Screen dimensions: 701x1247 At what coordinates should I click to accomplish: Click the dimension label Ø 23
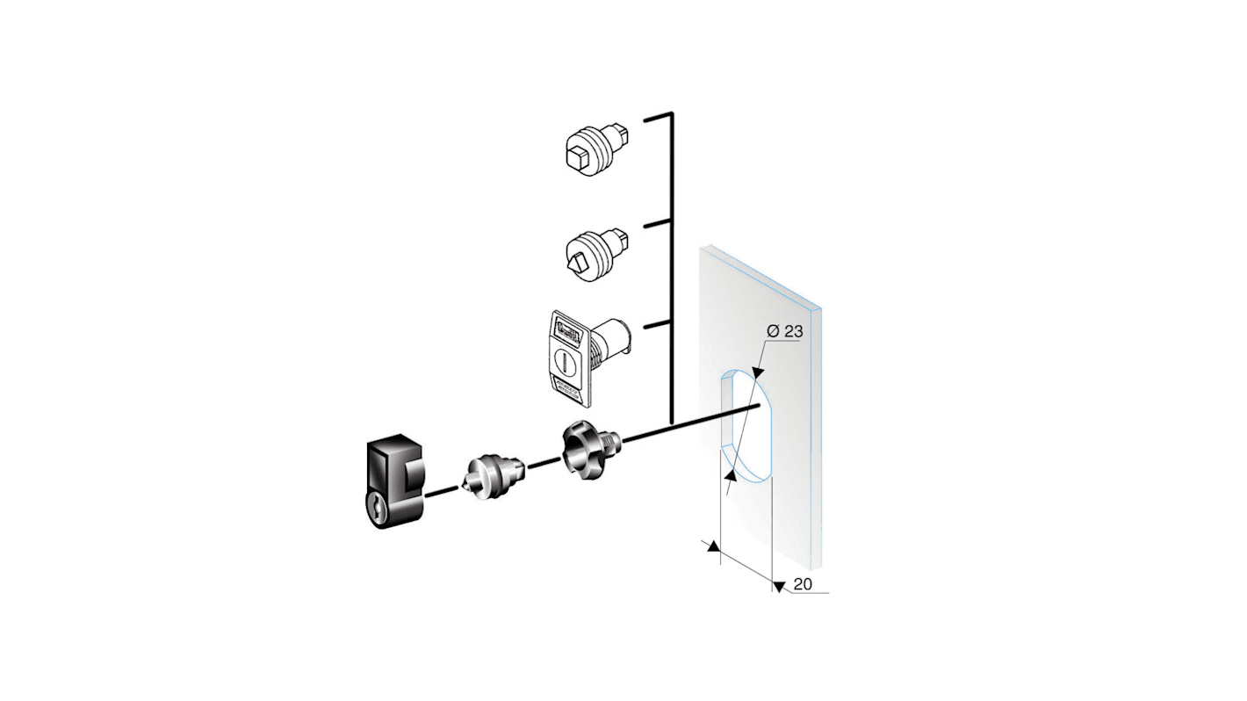(x=783, y=332)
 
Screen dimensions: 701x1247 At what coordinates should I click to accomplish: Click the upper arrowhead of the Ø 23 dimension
(x=758, y=372)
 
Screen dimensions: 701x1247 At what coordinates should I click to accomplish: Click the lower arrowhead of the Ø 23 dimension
(x=731, y=475)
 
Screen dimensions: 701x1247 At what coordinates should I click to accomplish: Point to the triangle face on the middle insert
(x=576, y=261)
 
